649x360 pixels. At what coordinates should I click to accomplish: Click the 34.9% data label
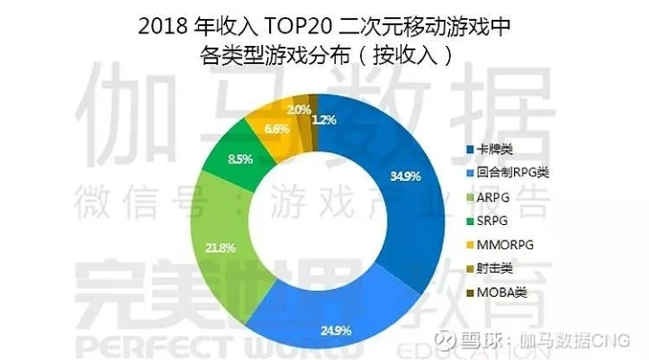(406, 176)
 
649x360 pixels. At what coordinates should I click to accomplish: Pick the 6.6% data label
(252, 129)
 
